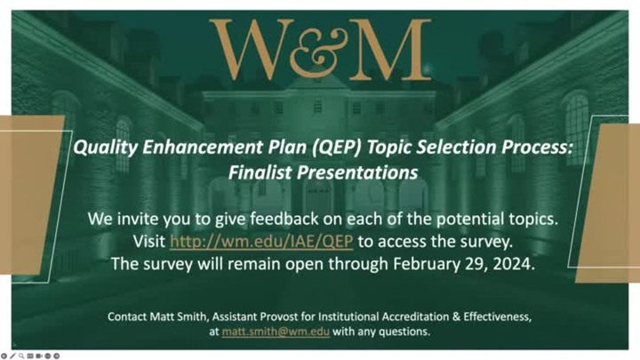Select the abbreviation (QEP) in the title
tap(325, 148)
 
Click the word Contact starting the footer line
tap(128, 316)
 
